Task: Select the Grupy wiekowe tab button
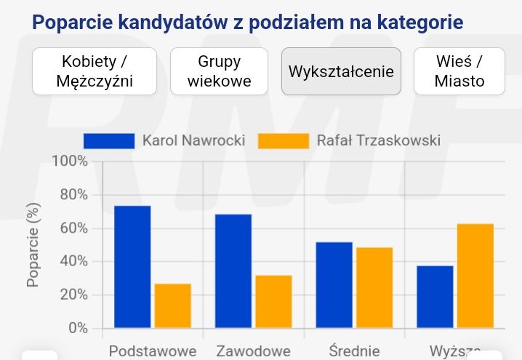point(219,71)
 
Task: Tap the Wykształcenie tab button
point(341,71)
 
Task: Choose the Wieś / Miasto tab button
point(459,71)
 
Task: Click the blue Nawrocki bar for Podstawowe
point(132,267)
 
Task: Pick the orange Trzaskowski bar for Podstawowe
point(173,306)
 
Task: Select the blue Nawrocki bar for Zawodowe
point(233,271)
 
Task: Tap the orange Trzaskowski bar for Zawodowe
point(273,302)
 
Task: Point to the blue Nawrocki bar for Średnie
point(334,285)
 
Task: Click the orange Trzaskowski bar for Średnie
point(374,288)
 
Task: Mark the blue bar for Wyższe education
point(435,297)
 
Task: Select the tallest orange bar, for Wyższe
point(475,276)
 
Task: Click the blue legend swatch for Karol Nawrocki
point(109,140)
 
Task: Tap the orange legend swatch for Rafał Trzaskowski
point(283,140)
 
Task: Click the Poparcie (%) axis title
point(33,244)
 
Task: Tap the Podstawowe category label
point(153,351)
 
